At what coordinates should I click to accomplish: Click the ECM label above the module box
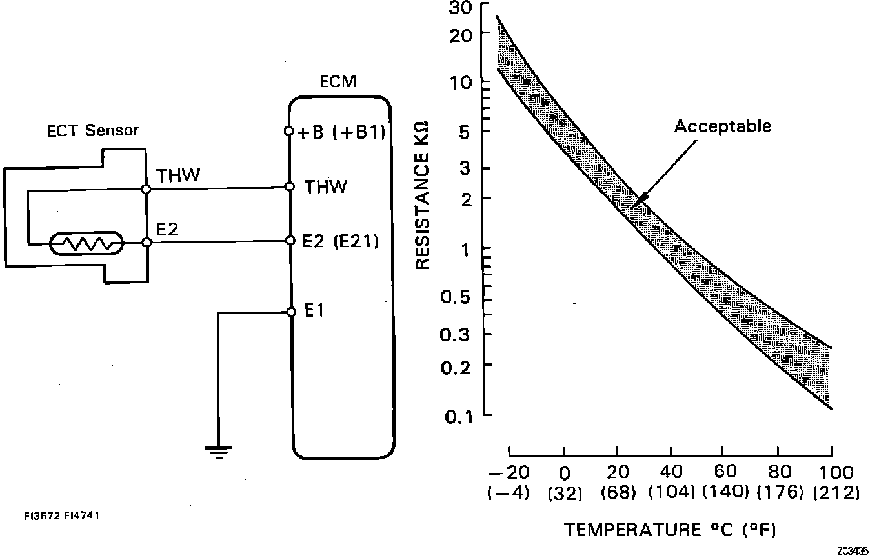pos(338,82)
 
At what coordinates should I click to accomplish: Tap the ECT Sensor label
pos(92,130)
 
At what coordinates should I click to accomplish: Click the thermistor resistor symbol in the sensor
pos(86,244)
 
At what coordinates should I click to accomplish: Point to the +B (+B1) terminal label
pos(342,133)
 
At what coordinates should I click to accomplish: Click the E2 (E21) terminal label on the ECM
pos(340,242)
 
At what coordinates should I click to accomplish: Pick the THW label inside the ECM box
pos(325,188)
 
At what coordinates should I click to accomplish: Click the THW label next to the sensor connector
pos(178,175)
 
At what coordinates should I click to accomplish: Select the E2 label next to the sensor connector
pos(168,229)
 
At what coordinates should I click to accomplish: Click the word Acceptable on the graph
pos(722,126)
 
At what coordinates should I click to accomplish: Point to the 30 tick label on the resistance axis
pos(476,8)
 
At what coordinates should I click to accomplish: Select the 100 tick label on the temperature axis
pos(837,473)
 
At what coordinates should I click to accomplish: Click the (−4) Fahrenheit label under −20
pos(509,494)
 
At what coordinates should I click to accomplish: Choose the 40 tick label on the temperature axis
pos(671,473)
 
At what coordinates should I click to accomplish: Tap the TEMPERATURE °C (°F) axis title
pos(670,530)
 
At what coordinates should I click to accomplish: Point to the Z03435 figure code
pos(853,552)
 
